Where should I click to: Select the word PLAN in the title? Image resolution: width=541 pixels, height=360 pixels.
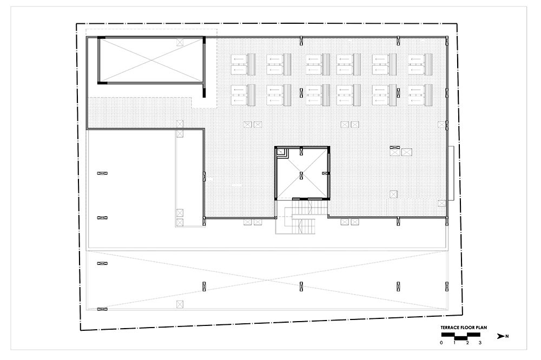coord(481,328)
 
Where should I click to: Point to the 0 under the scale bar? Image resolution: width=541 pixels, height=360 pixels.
coord(441,343)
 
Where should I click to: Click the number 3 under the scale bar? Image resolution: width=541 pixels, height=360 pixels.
coord(480,343)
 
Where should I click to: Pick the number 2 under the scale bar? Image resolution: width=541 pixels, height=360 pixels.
coord(467,343)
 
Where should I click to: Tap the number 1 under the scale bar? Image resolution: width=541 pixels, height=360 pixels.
coord(454,343)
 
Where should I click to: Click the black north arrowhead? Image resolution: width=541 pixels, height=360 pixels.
coord(500,336)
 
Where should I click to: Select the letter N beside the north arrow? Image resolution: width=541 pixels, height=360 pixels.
coord(507,336)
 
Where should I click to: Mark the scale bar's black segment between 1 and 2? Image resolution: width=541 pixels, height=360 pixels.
coord(461,338)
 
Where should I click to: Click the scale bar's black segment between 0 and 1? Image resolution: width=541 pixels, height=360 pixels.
coord(448,335)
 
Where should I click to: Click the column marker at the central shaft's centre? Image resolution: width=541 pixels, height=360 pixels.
coord(301,176)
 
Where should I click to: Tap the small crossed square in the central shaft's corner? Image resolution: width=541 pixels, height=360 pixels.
coord(280,151)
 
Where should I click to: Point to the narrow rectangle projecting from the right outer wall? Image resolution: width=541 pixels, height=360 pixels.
coord(451,173)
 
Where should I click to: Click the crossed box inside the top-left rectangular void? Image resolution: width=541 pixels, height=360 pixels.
coord(180,42)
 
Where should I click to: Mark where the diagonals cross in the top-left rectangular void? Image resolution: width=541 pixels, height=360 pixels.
coord(151,61)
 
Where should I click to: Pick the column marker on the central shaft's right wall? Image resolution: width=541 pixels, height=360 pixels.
coord(325,173)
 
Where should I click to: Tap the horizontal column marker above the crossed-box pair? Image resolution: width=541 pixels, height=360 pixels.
coord(395,147)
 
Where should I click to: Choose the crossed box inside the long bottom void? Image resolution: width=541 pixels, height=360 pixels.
coord(180,304)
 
